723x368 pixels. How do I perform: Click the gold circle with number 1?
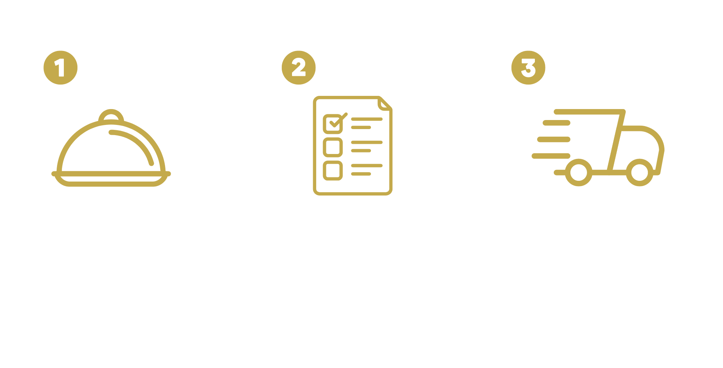pyautogui.click(x=60, y=68)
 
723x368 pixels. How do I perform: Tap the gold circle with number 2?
pyautogui.click(x=298, y=68)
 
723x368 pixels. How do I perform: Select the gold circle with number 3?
pyautogui.click(x=528, y=68)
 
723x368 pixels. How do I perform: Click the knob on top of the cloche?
pyautogui.click(x=111, y=116)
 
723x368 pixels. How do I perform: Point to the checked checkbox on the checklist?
pyautogui.click(x=333, y=123)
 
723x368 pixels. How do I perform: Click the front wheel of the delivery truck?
pyautogui.click(x=639, y=172)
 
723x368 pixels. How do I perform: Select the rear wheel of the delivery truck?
pyautogui.click(x=578, y=172)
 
